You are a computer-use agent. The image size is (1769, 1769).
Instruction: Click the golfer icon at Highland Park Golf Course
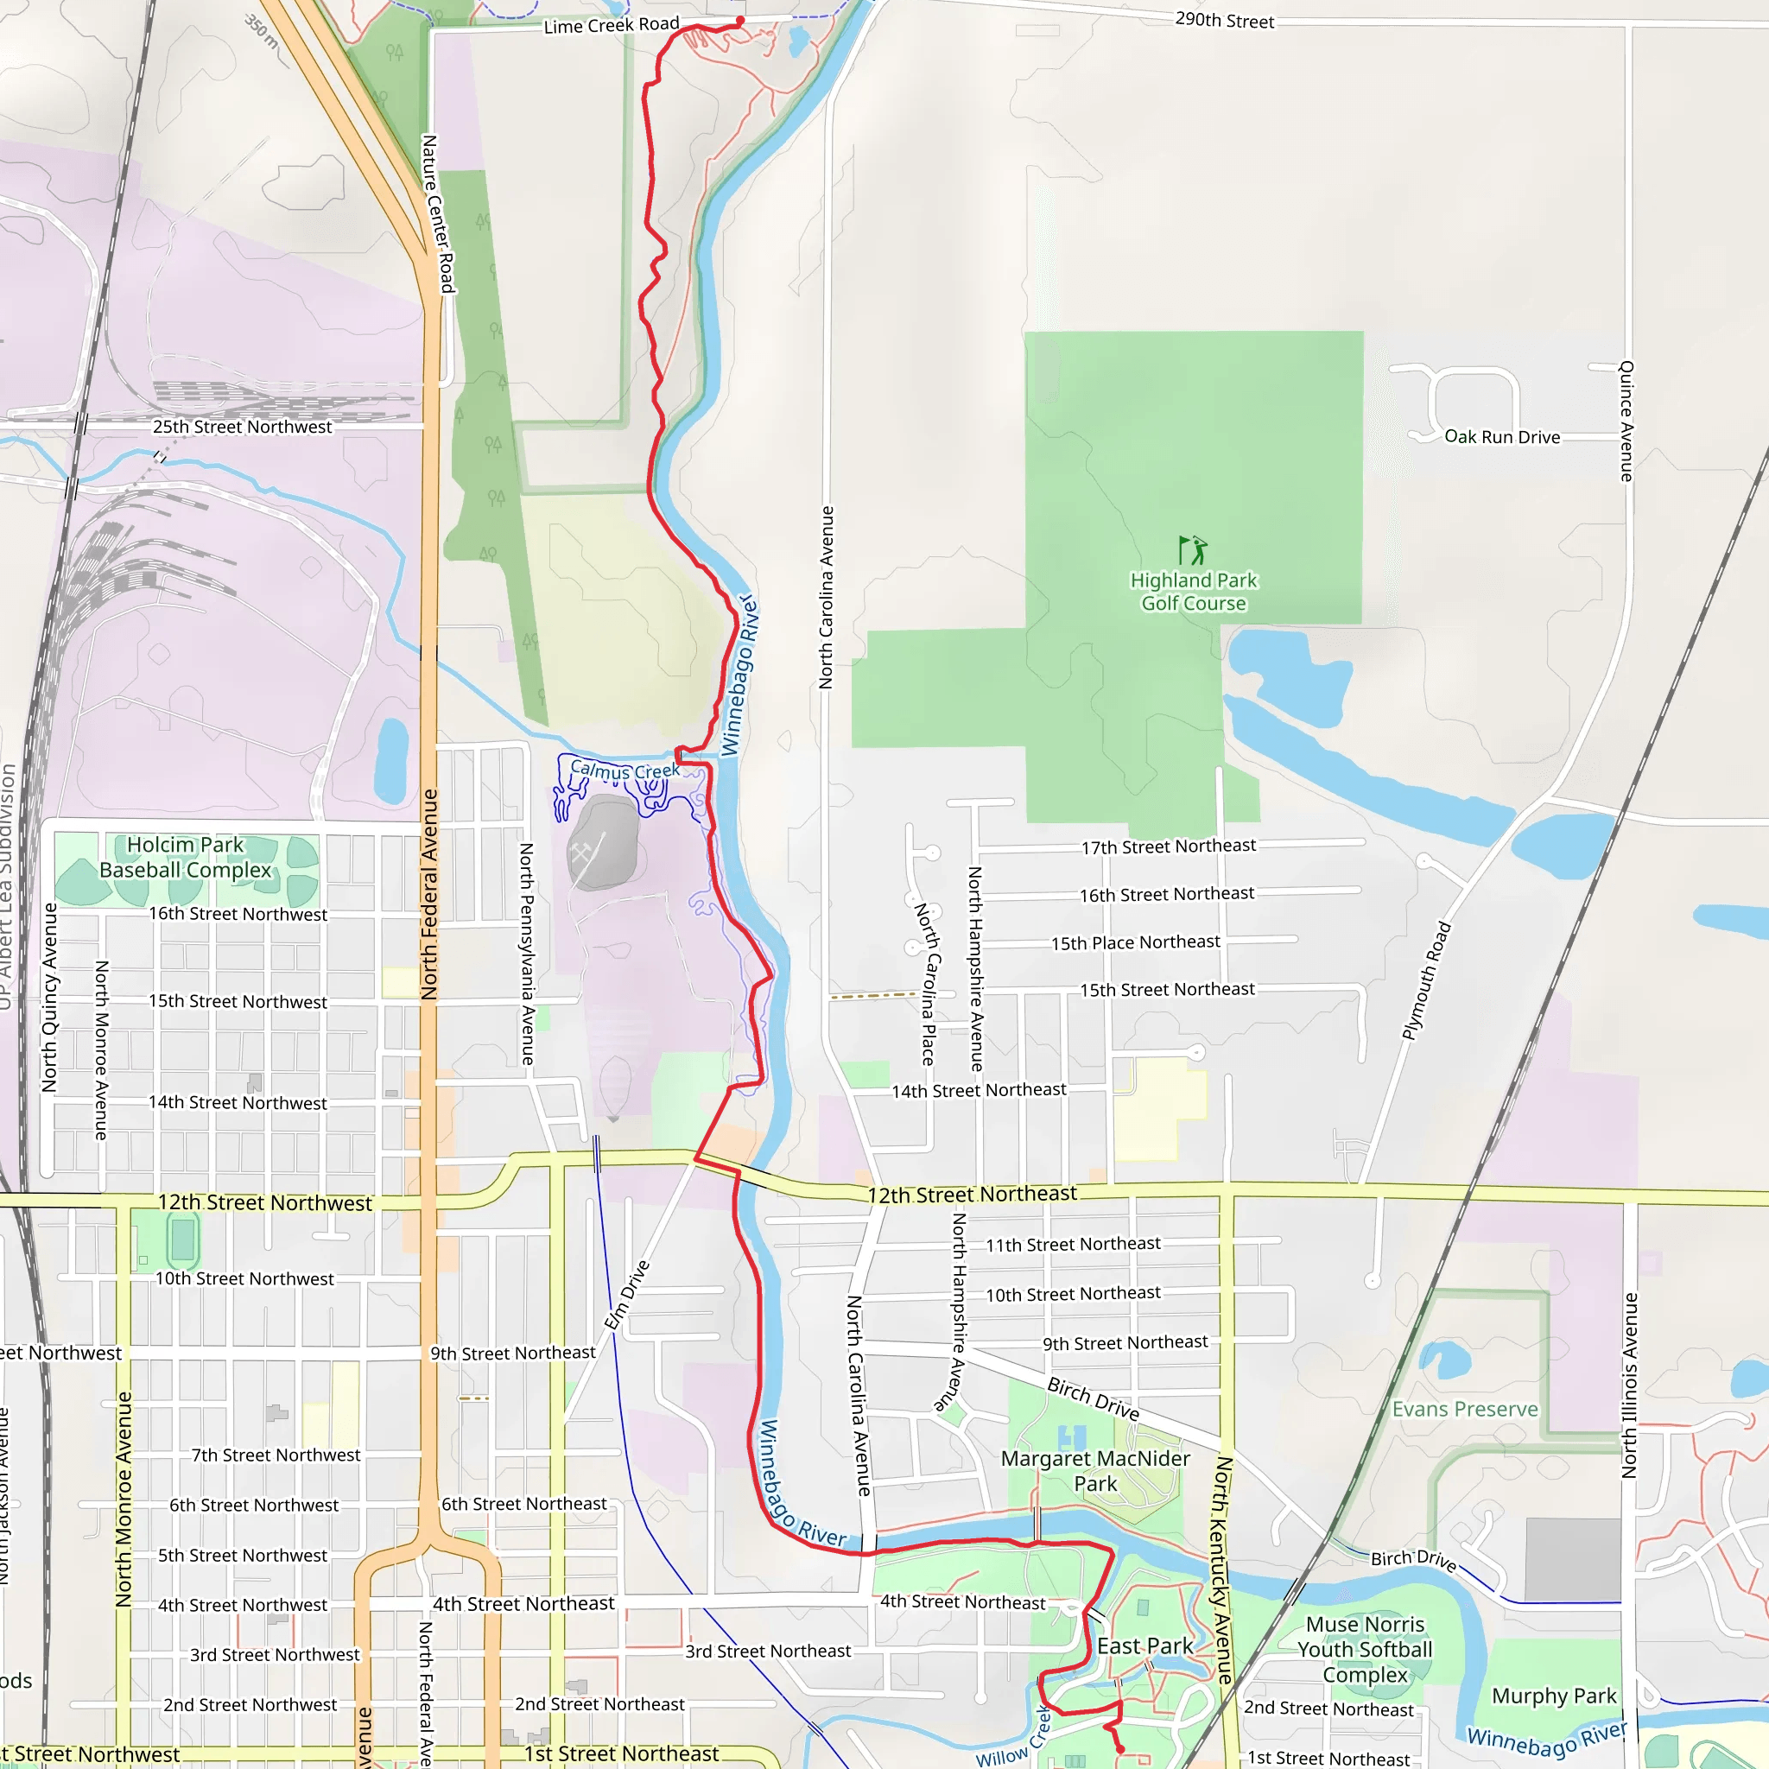coord(1192,550)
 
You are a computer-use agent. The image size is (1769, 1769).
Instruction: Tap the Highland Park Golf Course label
coord(1193,592)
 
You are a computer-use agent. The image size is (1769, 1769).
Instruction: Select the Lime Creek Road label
coord(612,25)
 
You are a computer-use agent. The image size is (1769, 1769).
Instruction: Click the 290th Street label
coord(1224,20)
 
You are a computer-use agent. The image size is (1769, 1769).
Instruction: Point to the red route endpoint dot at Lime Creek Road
coord(740,20)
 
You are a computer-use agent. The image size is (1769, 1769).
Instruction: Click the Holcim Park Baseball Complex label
coord(186,857)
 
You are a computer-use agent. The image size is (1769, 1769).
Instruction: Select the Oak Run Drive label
coord(1501,437)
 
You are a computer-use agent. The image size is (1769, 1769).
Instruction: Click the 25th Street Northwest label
coord(242,427)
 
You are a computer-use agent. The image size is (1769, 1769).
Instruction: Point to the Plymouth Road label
coord(1427,980)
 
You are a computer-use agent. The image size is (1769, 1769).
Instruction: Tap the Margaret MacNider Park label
coord(1095,1470)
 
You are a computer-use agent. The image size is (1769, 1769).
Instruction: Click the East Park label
coord(1144,1646)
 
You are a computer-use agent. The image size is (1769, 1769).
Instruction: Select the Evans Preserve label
coord(1465,1409)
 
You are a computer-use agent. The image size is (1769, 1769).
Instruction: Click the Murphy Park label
coord(1554,1696)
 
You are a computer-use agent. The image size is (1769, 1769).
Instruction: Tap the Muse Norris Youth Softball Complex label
coord(1364,1649)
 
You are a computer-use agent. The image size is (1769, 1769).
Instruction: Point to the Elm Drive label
coord(627,1295)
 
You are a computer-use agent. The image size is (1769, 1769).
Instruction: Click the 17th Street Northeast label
coord(1169,846)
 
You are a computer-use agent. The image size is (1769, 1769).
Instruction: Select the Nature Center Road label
coord(438,213)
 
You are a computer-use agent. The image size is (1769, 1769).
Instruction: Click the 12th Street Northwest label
coord(264,1203)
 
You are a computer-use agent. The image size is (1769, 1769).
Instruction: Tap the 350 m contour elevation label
coord(262,31)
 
